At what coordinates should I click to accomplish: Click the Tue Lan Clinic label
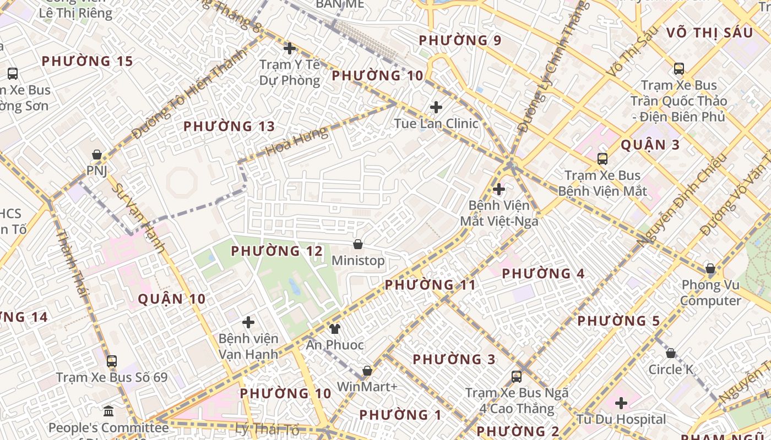click(x=436, y=123)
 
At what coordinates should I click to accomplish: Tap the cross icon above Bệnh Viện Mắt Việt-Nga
click(x=498, y=190)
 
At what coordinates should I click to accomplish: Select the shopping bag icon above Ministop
click(x=358, y=244)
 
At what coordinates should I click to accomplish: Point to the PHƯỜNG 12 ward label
click(x=276, y=251)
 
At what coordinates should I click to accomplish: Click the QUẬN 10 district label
click(x=171, y=299)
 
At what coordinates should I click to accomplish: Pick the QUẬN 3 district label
click(x=650, y=145)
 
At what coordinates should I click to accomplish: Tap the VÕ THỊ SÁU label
click(x=709, y=33)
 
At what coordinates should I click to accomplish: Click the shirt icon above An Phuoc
click(x=334, y=329)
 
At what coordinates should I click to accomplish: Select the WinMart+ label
click(x=367, y=387)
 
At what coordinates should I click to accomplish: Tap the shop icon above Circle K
click(x=671, y=353)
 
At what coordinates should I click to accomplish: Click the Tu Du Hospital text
click(x=621, y=420)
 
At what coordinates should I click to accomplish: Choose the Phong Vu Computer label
click(x=710, y=293)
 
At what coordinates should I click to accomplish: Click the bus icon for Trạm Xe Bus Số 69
click(x=112, y=361)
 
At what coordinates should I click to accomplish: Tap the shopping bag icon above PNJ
click(x=97, y=155)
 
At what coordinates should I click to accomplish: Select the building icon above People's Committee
click(x=108, y=411)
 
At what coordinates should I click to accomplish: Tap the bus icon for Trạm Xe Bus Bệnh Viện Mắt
click(x=602, y=159)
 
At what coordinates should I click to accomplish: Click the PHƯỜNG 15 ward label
click(x=88, y=61)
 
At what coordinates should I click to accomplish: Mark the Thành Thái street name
click(x=72, y=265)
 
